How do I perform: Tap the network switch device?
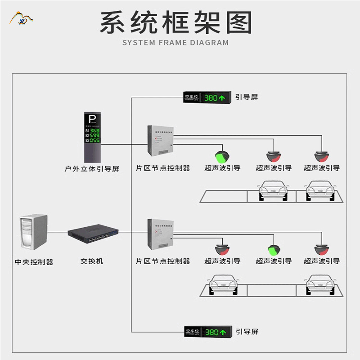click(93, 232)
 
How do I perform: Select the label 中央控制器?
click(34, 262)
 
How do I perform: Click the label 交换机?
click(92, 261)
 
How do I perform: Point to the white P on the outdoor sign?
click(92, 120)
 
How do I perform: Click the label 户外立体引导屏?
click(92, 169)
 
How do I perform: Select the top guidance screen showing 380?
click(207, 97)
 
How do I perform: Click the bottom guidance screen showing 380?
click(207, 332)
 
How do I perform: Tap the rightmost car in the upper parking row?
click(321, 190)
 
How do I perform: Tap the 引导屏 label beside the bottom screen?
click(247, 332)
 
